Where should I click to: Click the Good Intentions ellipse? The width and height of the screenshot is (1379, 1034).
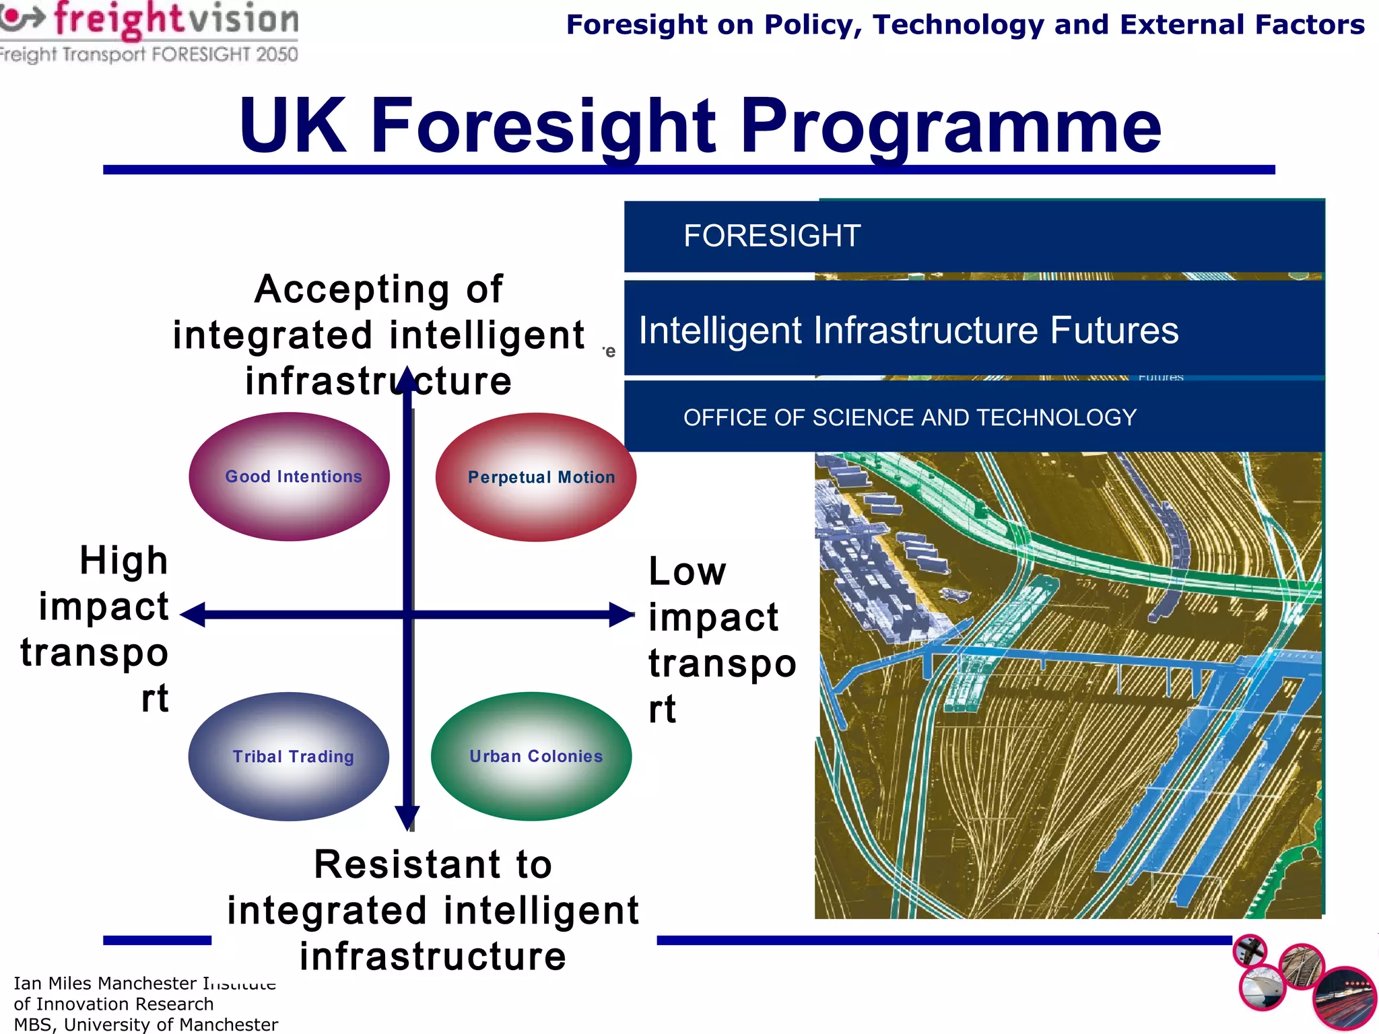(x=290, y=477)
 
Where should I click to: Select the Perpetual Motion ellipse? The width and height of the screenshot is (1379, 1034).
(x=536, y=477)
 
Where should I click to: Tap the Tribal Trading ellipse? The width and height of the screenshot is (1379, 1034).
(x=289, y=757)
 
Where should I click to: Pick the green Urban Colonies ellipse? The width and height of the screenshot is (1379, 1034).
(x=531, y=757)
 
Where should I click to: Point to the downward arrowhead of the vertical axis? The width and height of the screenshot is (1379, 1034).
(x=407, y=818)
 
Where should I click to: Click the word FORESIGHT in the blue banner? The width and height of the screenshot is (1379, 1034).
(x=772, y=236)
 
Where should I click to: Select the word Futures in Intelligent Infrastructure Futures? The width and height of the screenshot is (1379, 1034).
(x=1114, y=331)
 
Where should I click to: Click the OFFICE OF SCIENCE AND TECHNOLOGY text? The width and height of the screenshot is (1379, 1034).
(x=910, y=417)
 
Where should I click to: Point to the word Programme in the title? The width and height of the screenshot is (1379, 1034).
(x=951, y=127)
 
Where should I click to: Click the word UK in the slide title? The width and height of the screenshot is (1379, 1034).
(x=293, y=127)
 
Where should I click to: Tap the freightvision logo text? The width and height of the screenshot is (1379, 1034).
(x=176, y=19)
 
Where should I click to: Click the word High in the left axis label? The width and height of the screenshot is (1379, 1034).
(x=124, y=561)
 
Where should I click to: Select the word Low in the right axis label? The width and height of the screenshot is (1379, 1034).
(x=687, y=572)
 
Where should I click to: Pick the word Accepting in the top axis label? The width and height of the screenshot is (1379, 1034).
(x=351, y=290)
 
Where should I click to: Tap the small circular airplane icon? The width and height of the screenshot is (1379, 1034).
(x=1250, y=951)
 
